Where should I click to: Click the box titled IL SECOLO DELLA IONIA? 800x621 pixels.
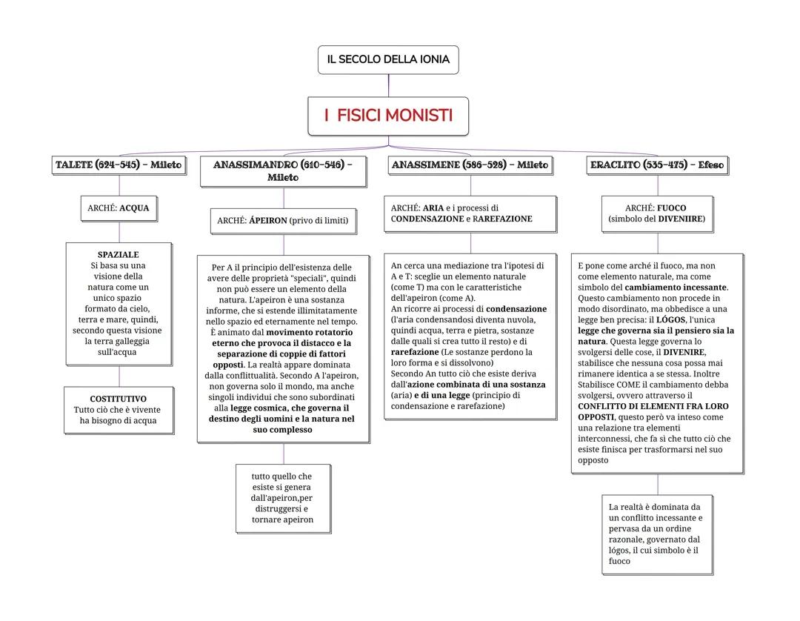coord(388,59)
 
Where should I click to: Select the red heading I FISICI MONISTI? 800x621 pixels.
coord(388,116)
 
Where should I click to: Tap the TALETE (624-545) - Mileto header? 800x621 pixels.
coord(119,165)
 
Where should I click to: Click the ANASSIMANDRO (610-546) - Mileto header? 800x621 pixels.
coord(283,170)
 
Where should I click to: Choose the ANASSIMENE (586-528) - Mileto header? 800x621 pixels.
coord(470,165)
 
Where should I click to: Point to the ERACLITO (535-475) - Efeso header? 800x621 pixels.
coord(657,165)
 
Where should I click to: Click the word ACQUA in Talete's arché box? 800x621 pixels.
coord(134,208)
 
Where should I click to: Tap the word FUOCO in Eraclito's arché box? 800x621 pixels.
coord(672,208)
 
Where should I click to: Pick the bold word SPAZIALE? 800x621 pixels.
coord(119,255)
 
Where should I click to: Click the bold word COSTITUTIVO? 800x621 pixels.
coord(119,399)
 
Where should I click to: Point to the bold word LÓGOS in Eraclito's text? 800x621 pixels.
coord(671,319)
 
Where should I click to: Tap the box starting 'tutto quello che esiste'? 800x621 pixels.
coord(283,498)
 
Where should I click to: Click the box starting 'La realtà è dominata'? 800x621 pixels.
coord(657,534)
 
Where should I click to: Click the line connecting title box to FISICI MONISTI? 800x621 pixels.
coord(388,85)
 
